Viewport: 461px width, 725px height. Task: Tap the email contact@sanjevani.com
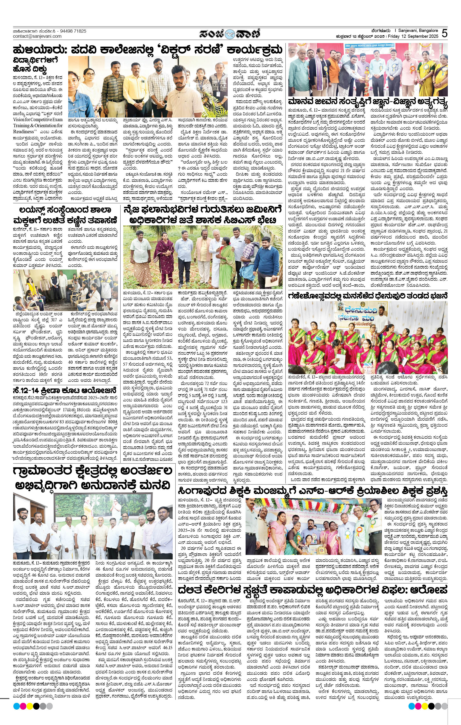[x=37, y=36]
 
